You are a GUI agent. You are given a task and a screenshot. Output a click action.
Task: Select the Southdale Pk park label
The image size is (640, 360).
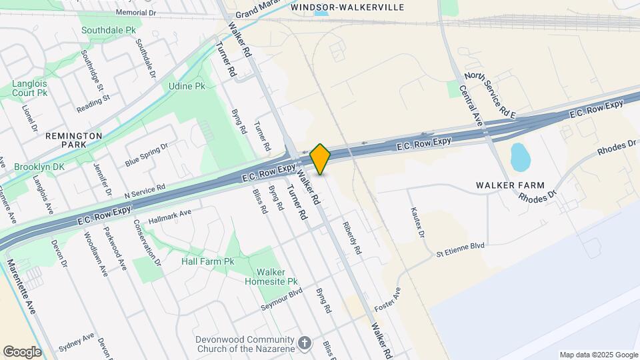[x=108, y=31]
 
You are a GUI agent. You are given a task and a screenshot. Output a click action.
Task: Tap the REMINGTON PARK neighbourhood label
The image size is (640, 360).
[x=73, y=139]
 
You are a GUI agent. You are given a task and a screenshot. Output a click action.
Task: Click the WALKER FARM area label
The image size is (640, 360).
[x=510, y=185]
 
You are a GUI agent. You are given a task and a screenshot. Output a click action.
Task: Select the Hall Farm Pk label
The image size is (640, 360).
[x=208, y=261]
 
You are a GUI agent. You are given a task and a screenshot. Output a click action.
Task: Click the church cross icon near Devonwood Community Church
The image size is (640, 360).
[x=305, y=343]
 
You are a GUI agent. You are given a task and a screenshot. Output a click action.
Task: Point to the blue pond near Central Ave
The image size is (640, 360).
[x=519, y=157]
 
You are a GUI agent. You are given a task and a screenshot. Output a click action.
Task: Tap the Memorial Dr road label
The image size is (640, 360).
[x=135, y=13]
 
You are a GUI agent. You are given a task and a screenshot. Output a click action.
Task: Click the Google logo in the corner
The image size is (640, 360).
[x=22, y=351]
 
